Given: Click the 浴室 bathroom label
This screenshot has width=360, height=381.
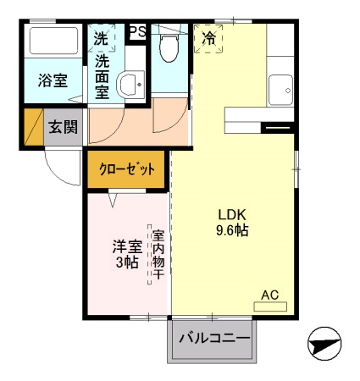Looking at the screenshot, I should pos(53,80).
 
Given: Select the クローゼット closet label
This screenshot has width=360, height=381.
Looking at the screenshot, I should pos(128,169).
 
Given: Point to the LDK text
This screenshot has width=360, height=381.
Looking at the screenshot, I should pos(233,213).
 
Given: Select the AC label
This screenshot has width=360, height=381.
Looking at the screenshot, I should pos(269,295).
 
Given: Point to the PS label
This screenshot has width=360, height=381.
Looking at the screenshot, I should pos(136,32).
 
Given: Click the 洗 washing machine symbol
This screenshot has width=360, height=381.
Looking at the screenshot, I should pos(100,38).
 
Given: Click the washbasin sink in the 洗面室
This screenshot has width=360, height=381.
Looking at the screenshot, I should pos(129,84).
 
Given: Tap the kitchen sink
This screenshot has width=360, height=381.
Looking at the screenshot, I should pos(280,88).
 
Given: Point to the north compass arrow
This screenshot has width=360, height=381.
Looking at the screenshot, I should pos(324,345).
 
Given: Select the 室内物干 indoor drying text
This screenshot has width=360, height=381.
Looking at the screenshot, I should pos(158,252).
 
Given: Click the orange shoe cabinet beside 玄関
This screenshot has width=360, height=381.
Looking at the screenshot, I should pos(33,127).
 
